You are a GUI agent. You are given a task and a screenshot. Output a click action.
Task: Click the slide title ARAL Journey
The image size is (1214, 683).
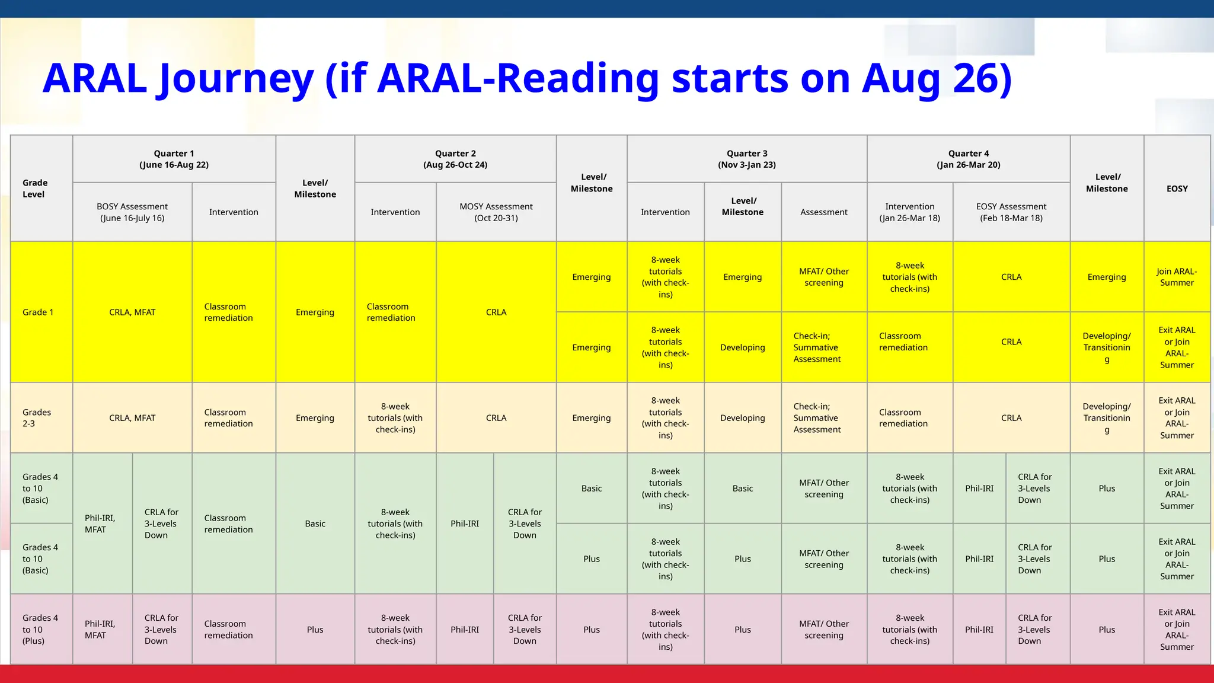click(526, 78)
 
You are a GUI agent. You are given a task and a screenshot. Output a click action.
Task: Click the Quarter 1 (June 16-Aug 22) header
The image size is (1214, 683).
click(174, 159)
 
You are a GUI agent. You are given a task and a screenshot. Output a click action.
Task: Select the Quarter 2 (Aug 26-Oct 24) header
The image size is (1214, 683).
click(455, 159)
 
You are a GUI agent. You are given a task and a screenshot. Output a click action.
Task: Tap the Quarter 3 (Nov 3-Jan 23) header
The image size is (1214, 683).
click(747, 159)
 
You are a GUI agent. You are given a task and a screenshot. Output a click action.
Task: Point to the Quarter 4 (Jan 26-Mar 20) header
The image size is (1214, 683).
click(969, 159)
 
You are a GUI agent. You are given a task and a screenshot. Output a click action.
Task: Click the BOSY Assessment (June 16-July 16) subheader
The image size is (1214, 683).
click(132, 212)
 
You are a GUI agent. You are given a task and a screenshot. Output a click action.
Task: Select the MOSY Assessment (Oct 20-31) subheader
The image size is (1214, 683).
click(496, 212)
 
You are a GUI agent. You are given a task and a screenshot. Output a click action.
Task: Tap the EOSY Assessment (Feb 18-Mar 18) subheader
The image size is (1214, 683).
click(1011, 212)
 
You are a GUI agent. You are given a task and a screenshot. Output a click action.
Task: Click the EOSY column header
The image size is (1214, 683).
click(1177, 189)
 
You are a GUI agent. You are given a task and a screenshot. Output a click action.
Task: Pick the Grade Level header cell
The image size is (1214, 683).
click(35, 189)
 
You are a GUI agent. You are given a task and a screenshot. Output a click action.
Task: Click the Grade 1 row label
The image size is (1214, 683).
click(38, 312)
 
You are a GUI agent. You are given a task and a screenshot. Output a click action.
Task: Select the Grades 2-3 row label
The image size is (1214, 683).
click(37, 418)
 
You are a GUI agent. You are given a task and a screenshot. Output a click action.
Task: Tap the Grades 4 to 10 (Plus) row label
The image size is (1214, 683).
click(40, 629)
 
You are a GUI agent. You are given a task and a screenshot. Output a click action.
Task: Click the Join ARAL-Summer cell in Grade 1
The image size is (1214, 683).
click(1177, 277)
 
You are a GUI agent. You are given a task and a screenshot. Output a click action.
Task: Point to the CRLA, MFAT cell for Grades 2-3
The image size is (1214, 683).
click(132, 418)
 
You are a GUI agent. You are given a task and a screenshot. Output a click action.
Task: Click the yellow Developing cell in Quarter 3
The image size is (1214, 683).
click(742, 347)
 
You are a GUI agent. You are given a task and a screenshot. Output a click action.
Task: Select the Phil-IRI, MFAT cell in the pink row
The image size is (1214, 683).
click(100, 629)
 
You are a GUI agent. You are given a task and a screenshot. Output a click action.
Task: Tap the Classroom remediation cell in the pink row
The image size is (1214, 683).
click(229, 629)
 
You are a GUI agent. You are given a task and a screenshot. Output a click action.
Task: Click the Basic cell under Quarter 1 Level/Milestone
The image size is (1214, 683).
click(315, 524)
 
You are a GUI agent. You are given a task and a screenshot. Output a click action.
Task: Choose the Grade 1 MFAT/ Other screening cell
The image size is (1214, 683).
click(824, 277)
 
